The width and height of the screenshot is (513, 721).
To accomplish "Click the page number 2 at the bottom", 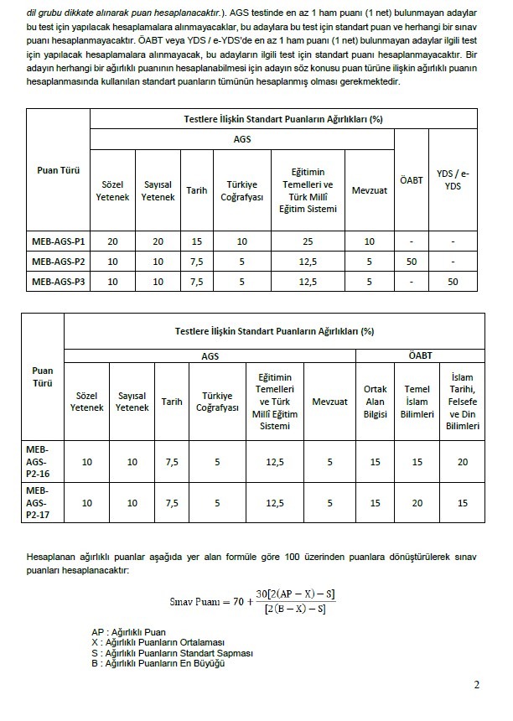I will point(477,685).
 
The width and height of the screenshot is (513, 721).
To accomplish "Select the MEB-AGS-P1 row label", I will point(59,241).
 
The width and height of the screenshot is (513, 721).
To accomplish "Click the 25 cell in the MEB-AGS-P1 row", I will point(308,241).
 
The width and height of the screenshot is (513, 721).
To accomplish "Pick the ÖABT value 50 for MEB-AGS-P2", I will point(410,262).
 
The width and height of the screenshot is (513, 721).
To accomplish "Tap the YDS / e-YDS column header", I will point(453,179).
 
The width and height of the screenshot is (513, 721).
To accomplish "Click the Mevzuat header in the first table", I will point(369,190).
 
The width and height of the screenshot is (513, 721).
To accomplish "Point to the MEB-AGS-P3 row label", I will point(59,282).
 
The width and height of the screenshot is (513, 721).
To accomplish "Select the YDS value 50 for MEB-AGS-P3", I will point(453,282).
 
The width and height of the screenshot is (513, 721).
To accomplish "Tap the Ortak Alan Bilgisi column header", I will point(375,402).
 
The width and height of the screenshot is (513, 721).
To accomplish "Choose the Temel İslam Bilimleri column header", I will point(417,402).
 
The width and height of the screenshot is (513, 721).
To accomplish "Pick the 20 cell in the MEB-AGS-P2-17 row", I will point(417,503).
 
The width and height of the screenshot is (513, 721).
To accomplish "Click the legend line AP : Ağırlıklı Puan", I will point(129,632).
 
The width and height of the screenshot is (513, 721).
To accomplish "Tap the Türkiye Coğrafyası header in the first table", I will point(241,190).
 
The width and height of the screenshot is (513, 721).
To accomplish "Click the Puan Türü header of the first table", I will point(59,169).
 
